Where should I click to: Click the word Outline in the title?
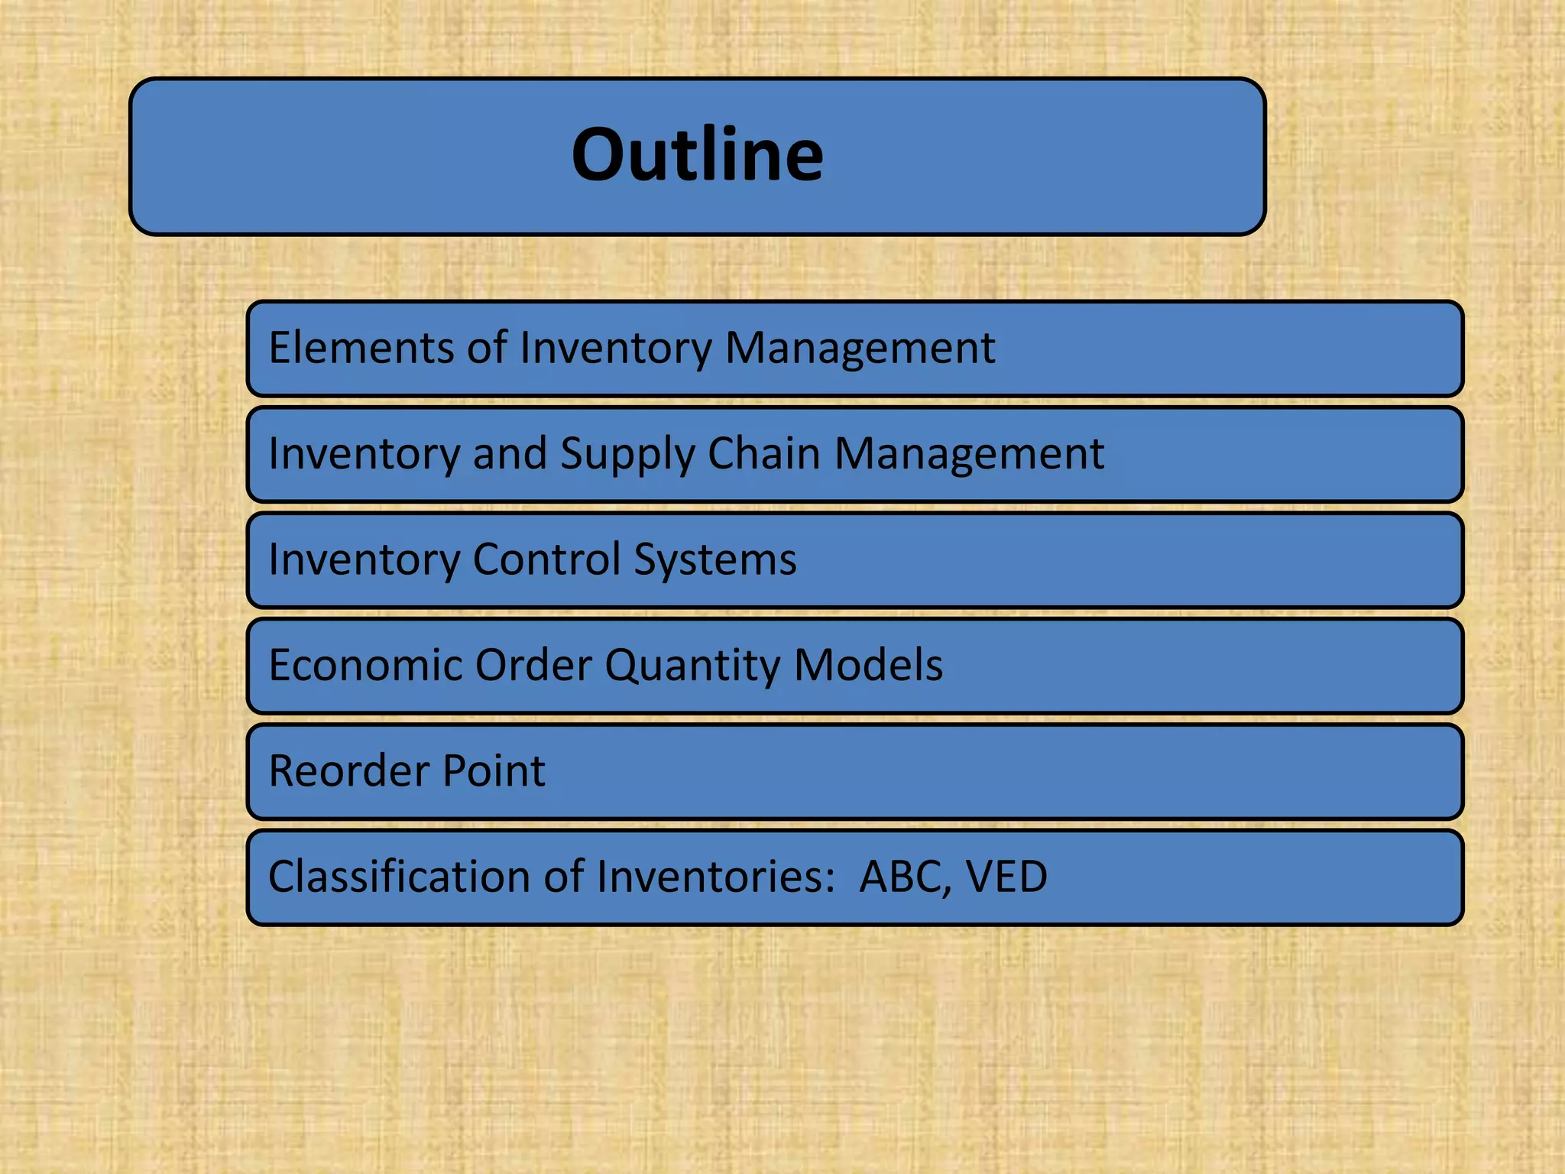(x=697, y=155)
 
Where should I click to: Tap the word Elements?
(x=361, y=348)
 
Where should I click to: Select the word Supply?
(x=627, y=455)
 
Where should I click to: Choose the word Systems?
(x=714, y=560)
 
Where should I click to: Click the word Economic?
(x=365, y=664)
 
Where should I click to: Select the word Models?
(x=868, y=664)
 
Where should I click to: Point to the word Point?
(x=494, y=770)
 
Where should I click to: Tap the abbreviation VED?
(x=1006, y=877)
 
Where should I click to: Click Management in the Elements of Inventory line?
(x=860, y=349)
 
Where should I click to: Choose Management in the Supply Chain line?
(x=969, y=455)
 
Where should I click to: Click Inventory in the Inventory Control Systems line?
(x=364, y=560)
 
